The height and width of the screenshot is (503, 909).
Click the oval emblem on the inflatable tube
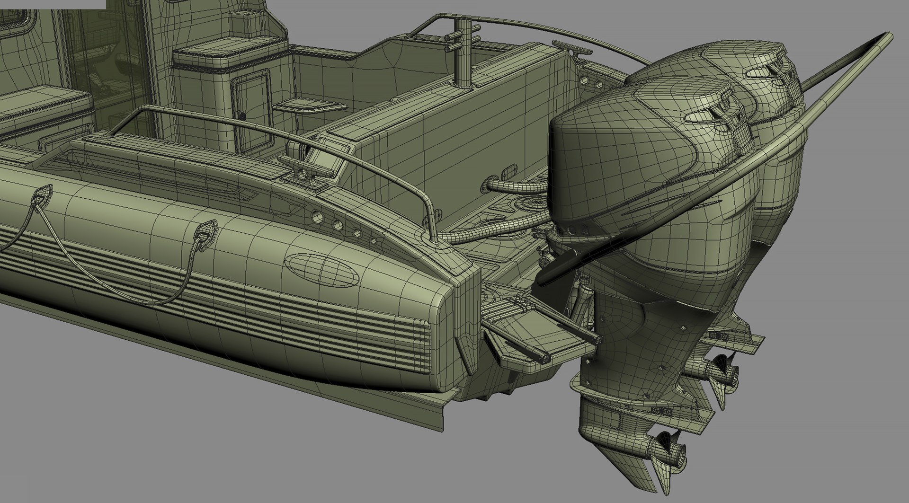point(322,270)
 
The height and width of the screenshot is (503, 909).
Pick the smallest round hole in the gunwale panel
point(374,241)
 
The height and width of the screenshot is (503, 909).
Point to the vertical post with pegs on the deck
point(464,52)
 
